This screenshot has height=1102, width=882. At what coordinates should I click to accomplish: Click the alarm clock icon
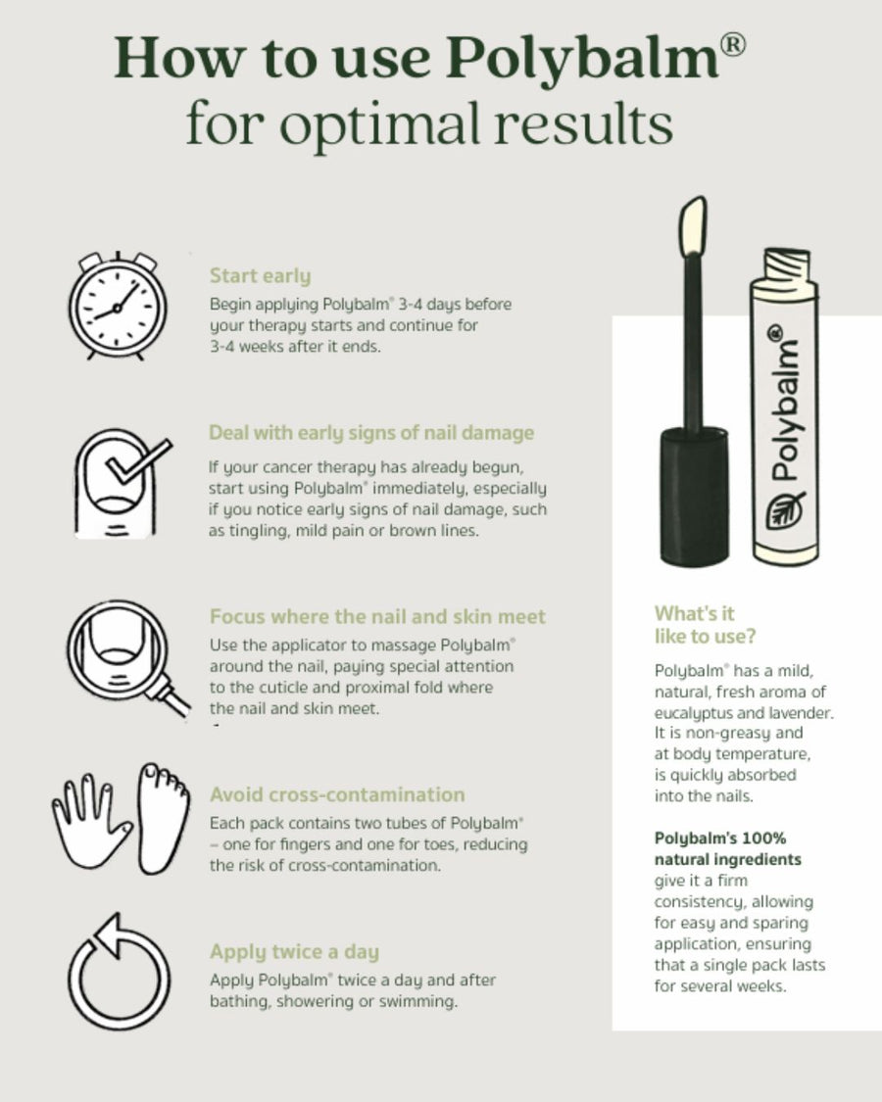pos(117,306)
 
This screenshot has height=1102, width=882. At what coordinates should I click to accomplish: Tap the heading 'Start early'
pos(260,276)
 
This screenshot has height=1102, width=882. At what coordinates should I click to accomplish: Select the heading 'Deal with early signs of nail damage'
pos(371,433)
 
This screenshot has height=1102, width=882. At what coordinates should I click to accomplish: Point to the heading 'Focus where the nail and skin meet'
pos(377,617)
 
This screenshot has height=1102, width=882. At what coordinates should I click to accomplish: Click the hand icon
pos(91,817)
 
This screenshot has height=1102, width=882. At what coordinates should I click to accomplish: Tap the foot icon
pos(163,817)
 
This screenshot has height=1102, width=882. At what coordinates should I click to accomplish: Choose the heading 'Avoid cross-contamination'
pos(337,794)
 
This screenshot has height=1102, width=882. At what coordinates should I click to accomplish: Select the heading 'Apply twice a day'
pos(294,952)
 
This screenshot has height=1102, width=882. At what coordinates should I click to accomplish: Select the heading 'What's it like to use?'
pos(704,625)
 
